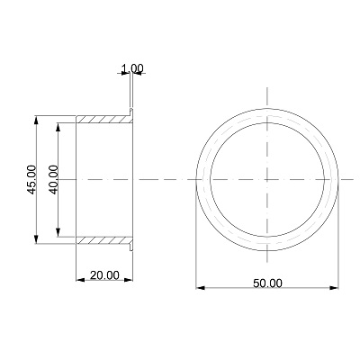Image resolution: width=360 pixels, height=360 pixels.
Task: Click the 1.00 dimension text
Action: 132,68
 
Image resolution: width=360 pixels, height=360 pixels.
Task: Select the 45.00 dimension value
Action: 31,179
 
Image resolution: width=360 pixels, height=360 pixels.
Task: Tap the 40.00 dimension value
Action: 53,179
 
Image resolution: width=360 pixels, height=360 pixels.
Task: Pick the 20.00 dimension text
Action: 104,275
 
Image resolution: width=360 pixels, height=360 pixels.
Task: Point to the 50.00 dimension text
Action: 267,283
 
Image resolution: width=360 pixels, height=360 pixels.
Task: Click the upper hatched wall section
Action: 104,119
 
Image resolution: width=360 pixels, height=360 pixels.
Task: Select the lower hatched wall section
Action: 104,240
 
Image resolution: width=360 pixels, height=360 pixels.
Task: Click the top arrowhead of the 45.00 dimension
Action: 36,120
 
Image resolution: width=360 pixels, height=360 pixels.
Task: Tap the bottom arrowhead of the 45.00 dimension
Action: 36,239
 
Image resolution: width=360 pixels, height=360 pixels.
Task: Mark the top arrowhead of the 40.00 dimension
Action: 58,127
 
